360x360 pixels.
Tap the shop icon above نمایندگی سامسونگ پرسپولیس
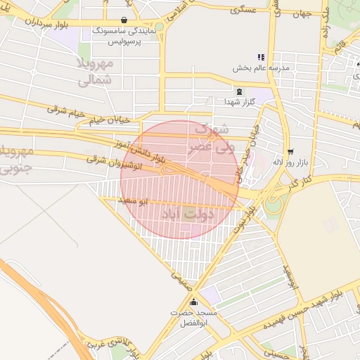click(x=124, y=20)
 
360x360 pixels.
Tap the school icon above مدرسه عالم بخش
click(x=261, y=57)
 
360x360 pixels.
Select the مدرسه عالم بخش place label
click(x=261, y=68)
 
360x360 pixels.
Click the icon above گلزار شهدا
click(x=238, y=91)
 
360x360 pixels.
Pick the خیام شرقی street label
click(x=66, y=110)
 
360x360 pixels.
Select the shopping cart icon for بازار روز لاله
click(x=290, y=152)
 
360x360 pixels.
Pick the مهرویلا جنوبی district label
click(x=15, y=160)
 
